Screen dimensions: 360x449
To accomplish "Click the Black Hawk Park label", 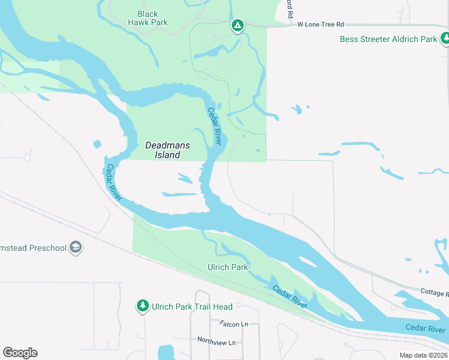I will point(148,18).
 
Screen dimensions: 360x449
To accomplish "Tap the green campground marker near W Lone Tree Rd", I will point(238,25).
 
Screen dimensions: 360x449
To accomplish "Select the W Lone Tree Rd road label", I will point(321,25).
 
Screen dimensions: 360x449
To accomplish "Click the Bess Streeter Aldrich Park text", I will point(388,39).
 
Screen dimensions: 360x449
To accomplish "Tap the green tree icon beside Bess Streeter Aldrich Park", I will point(445,39).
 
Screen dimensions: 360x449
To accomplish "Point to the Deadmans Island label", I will point(163,150).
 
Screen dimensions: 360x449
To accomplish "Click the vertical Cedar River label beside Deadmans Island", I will point(214,126).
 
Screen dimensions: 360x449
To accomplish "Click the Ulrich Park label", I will point(228,267).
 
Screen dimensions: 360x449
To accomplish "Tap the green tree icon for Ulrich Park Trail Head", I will point(143,306).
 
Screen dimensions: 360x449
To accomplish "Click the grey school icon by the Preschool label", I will point(76,247).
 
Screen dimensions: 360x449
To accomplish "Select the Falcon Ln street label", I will point(234,324).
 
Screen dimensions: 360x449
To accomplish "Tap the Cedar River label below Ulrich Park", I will point(290,297).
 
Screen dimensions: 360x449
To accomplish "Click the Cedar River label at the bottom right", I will point(425,328).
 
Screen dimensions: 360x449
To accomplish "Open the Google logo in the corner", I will point(20,352).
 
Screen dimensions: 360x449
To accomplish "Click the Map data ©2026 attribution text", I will point(423,355).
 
